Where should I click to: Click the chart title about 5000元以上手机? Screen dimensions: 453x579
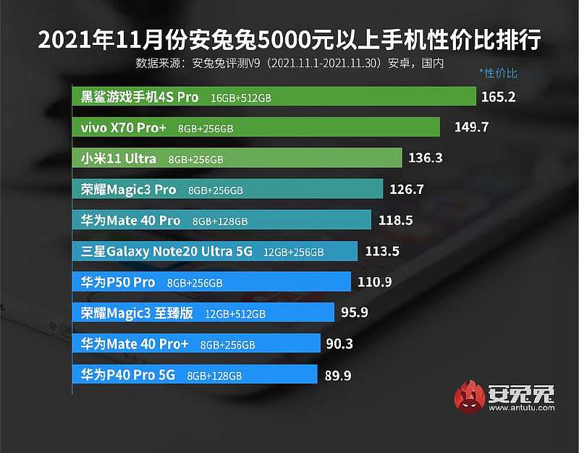(289, 39)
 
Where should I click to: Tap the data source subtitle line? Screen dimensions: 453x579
(289, 63)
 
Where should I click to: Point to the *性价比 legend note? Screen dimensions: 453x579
(498, 73)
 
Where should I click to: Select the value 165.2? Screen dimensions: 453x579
(498, 96)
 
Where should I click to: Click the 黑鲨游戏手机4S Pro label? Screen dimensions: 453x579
(140, 97)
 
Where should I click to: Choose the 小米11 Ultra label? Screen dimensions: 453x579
(119, 158)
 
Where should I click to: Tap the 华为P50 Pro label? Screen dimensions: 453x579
(118, 282)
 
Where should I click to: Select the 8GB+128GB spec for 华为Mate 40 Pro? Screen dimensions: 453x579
(220, 221)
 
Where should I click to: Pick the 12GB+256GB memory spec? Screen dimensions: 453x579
(293, 252)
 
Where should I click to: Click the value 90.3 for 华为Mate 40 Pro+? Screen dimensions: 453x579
(339, 344)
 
